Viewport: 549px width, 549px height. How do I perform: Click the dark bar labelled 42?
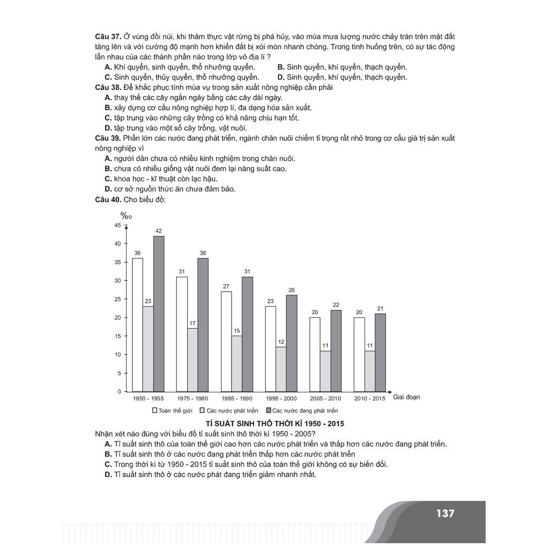tap(159, 314)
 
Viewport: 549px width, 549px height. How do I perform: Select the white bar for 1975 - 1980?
tap(182, 334)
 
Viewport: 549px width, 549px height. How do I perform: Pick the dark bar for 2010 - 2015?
tap(380, 352)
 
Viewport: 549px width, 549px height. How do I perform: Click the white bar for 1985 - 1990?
tap(226, 342)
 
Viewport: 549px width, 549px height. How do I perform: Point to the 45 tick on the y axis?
tap(118, 225)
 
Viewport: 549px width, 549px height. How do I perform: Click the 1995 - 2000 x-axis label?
tap(281, 398)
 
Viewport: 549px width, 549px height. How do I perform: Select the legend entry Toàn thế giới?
tap(172, 411)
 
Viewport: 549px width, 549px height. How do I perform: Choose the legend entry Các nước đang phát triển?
tap(301, 411)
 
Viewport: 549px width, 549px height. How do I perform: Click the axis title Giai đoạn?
tap(406, 397)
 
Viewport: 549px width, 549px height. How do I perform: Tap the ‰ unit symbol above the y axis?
tap(126, 216)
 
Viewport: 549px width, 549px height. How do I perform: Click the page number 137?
tap(445, 513)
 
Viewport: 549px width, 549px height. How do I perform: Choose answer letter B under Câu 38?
tap(108, 108)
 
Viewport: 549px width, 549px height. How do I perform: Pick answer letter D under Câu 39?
tap(108, 189)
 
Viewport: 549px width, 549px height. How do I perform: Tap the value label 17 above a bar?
tap(192, 323)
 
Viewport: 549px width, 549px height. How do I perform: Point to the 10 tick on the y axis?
tap(118, 355)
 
